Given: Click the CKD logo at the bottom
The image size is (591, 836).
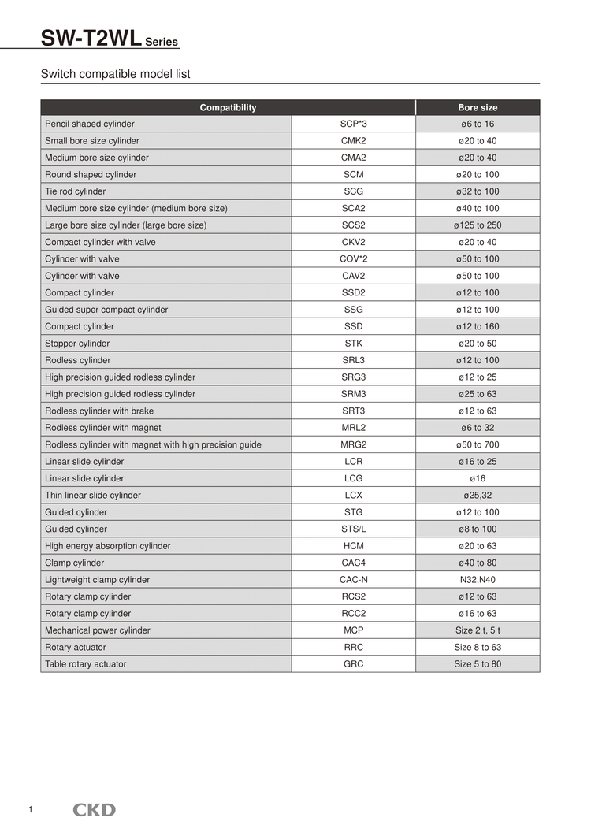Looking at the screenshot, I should pyautogui.click(x=95, y=810).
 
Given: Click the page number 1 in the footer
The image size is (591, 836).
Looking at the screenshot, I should pyautogui.click(x=30, y=810).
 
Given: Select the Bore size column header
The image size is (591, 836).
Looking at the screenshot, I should pyautogui.click(x=478, y=107).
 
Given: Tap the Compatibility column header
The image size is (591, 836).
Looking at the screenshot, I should pyautogui.click(x=228, y=107).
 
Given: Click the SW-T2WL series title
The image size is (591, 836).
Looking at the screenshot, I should pyautogui.click(x=110, y=37).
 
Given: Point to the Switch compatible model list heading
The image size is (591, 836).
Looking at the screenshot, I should pyautogui.click(x=115, y=74).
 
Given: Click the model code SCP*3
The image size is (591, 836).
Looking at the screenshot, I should pyautogui.click(x=353, y=124).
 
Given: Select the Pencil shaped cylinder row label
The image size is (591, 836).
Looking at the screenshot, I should pyautogui.click(x=90, y=124).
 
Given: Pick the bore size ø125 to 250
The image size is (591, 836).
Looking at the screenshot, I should pyautogui.click(x=478, y=225).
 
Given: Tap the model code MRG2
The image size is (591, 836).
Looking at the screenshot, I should pyautogui.click(x=353, y=444).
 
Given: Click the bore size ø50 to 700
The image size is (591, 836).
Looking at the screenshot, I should pyautogui.click(x=478, y=444).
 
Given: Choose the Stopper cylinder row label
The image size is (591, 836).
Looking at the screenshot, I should pyautogui.click(x=77, y=344).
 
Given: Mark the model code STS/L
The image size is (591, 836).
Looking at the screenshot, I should pyautogui.click(x=353, y=529).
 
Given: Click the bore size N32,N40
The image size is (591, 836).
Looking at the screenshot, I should pyautogui.click(x=478, y=580).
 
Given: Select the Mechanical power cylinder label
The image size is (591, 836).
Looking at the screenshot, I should pyautogui.click(x=98, y=630).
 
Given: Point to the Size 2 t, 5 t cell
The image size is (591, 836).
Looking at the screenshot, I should pyautogui.click(x=478, y=630).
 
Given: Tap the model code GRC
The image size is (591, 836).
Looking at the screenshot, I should pyautogui.click(x=353, y=664).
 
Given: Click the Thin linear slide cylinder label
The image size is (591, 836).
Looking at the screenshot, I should pyautogui.click(x=93, y=495).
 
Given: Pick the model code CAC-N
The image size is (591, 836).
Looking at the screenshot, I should pyautogui.click(x=353, y=580).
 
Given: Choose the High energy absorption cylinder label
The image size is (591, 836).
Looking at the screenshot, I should pyautogui.click(x=108, y=546).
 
